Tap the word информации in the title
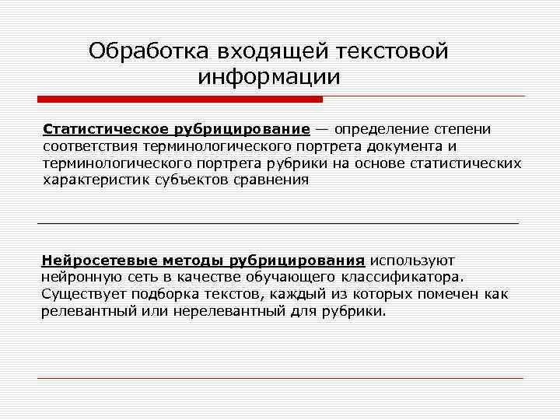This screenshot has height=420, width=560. tap(269, 78)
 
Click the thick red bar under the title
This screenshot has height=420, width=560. tap(180, 100)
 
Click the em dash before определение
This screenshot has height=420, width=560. tap(321, 128)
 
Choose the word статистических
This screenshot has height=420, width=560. tap(466, 163)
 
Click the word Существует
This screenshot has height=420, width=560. tap(84, 294)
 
